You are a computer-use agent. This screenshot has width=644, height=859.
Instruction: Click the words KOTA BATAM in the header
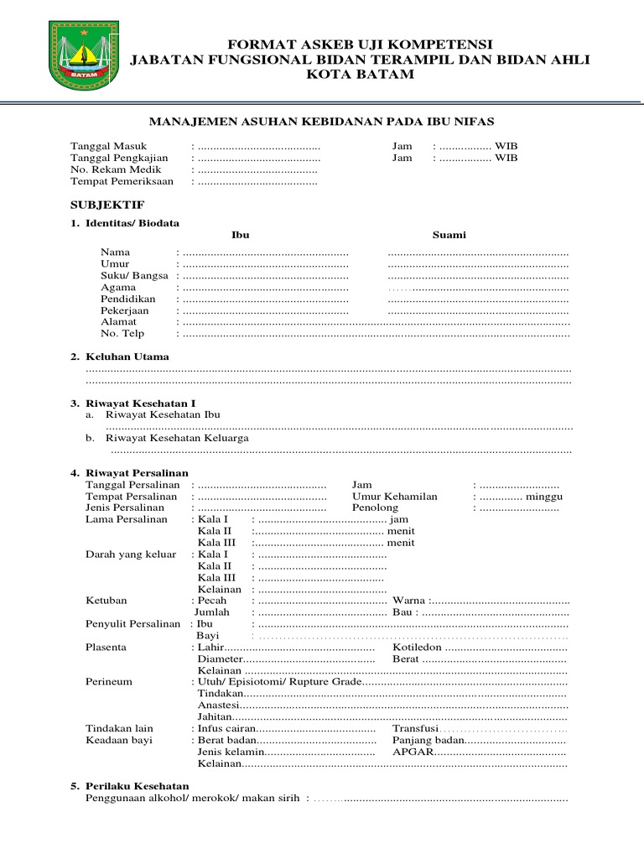click(361, 75)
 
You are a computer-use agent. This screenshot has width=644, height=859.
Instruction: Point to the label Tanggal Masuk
click(108, 146)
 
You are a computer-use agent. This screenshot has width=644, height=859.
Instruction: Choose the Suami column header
click(449, 235)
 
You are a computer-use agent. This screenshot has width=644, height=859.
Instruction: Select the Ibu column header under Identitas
click(240, 235)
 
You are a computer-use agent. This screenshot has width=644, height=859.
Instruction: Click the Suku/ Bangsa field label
click(134, 275)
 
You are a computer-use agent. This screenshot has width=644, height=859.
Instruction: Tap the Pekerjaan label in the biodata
click(125, 310)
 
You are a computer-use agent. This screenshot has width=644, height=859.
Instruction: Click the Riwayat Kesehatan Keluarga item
click(177, 438)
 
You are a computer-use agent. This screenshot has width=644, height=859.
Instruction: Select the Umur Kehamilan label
click(394, 497)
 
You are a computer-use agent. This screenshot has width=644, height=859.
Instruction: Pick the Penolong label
click(375, 508)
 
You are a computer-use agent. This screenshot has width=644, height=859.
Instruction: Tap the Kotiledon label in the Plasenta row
click(417, 648)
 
